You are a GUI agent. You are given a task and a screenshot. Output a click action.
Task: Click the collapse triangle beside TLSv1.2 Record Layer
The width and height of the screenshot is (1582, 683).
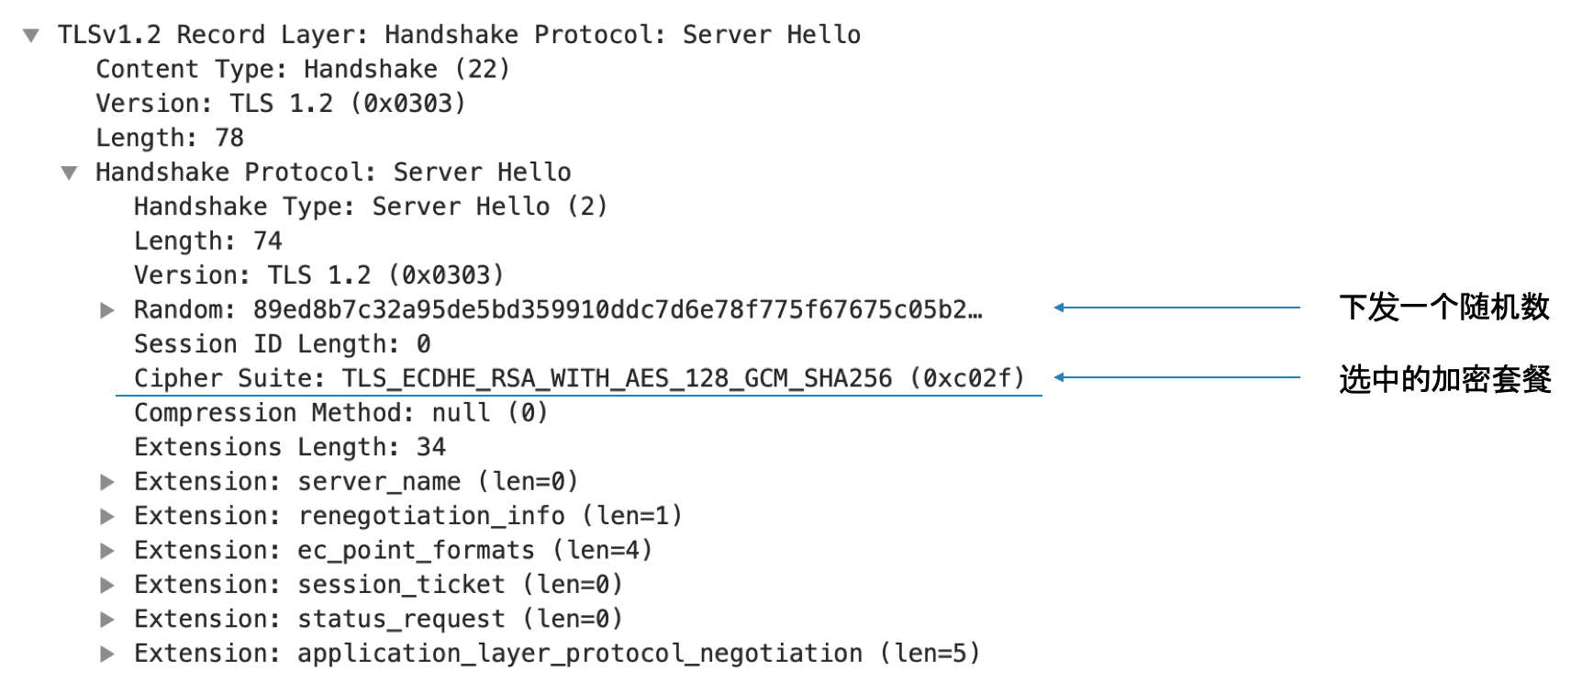31,36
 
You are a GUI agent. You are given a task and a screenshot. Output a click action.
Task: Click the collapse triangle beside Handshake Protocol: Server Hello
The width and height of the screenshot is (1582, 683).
69,174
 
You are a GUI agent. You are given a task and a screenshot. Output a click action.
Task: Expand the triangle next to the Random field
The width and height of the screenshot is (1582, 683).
107,310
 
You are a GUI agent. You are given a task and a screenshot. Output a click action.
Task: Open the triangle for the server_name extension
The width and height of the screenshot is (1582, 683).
107,482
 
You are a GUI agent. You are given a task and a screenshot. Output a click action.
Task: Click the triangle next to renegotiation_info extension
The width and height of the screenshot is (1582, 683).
107,516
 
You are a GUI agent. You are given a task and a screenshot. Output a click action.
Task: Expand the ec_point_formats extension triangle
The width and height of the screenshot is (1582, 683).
107,551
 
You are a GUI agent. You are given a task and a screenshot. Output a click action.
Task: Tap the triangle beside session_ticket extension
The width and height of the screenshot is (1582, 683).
107,585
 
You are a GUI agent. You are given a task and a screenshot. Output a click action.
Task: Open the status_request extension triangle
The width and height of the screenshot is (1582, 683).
107,620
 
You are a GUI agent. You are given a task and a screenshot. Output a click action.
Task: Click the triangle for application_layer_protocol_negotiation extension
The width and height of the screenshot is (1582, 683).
107,654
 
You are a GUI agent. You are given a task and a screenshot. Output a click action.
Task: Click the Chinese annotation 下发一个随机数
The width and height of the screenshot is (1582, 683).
1444,307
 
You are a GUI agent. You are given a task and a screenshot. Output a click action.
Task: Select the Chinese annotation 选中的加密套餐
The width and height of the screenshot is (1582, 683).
1445,378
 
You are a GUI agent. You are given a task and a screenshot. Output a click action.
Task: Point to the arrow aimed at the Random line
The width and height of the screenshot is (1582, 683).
1177,308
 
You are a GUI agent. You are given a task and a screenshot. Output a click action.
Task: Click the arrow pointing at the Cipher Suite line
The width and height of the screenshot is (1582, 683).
1177,377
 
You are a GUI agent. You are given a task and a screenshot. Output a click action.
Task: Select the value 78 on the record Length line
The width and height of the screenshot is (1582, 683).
229,138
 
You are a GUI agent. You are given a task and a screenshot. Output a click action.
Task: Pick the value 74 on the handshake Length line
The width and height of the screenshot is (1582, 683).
268,241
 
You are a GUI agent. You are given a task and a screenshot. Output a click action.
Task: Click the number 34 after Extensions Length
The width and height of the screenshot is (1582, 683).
431,447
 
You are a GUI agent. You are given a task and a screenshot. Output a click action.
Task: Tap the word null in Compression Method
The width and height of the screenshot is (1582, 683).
462,413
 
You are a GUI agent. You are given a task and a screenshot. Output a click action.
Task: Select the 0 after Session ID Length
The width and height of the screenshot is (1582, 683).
423,344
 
